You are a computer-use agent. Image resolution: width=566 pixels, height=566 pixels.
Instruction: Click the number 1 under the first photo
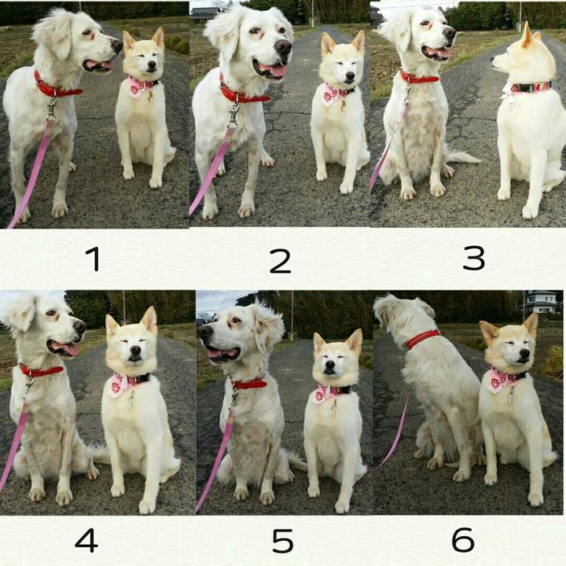pyautogui.click(x=93, y=258)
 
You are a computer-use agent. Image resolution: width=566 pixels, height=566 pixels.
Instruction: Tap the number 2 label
pyautogui.click(x=280, y=260)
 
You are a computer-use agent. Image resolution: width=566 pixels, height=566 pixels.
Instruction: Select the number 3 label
pyautogui.click(x=473, y=257)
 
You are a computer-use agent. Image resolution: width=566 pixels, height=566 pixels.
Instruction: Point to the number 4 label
pyautogui.click(x=86, y=540)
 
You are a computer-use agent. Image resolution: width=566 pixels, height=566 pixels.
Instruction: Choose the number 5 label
pyautogui.click(x=282, y=540)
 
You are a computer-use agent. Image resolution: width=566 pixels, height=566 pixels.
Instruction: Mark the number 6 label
pyautogui.click(x=463, y=540)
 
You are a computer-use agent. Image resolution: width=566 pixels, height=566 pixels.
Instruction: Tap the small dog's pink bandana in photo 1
pyautogui.click(x=140, y=86)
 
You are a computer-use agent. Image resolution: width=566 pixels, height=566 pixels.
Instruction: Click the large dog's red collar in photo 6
pyautogui.click(x=424, y=339)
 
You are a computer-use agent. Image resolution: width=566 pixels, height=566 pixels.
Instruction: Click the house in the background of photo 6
pyautogui.click(x=542, y=303)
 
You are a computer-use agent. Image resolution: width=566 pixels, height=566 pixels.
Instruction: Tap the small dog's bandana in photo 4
pyautogui.click(x=119, y=384)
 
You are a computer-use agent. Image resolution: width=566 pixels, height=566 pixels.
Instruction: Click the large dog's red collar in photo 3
pyautogui.click(x=420, y=78)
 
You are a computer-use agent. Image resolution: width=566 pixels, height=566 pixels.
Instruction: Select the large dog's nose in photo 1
pyautogui.click(x=116, y=46)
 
